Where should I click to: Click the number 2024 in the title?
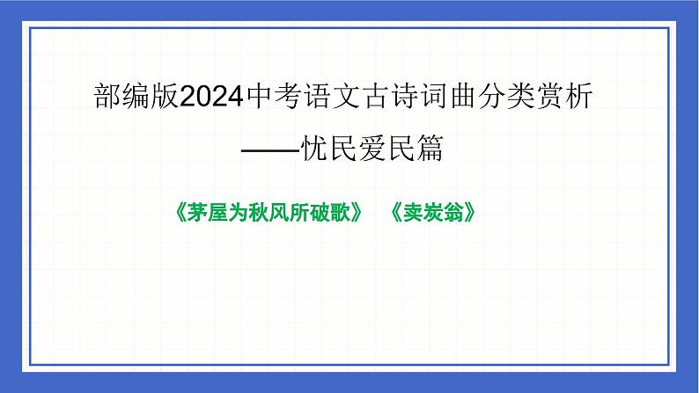[x=212, y=98]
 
